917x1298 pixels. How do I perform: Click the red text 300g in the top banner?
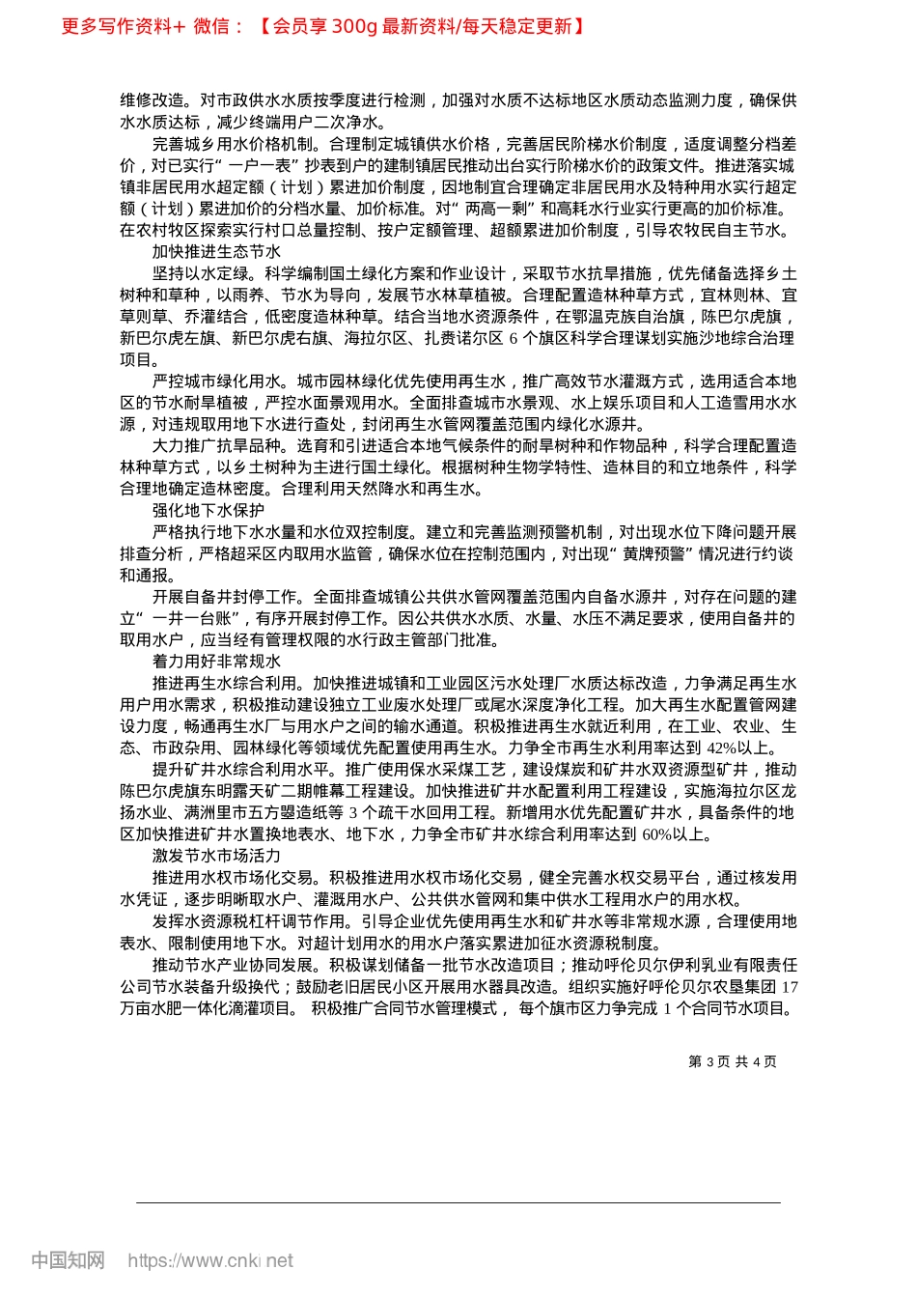tap(353, 26)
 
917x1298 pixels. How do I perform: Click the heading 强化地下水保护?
tap(208, 510)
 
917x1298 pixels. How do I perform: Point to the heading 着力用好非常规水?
tap(216, 661)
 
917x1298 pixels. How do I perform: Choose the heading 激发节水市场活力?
tap(216, 856)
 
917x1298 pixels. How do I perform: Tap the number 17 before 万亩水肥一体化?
tap(789, 987)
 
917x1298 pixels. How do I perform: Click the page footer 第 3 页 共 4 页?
tap(732, 1061)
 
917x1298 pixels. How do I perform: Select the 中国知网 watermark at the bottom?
tap(68, 1260)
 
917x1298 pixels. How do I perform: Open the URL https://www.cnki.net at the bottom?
tap(210, 1260)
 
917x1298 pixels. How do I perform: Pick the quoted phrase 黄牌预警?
tap(653, 553)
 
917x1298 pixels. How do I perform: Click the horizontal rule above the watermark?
tap(458, 1202)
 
